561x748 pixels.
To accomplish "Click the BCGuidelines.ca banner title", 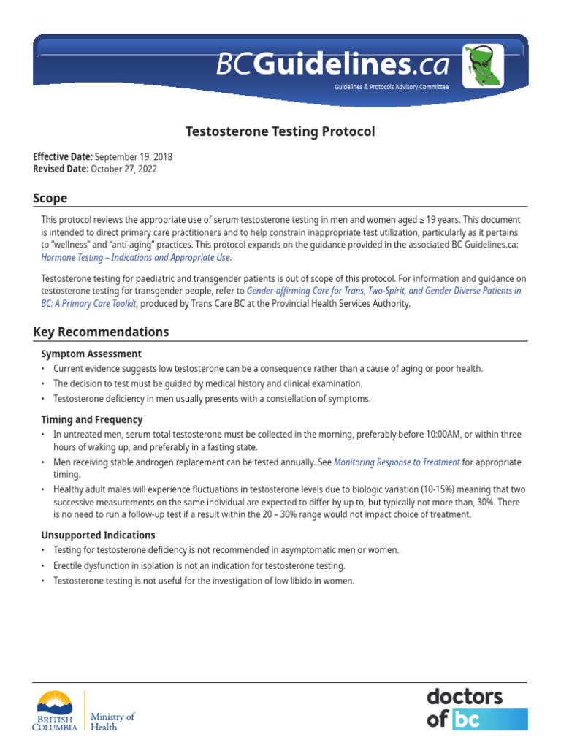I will (332, 66).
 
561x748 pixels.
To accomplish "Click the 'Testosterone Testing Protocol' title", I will (280, 131).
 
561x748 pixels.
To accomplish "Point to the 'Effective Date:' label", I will (63, 157).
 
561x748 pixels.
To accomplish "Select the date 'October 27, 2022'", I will (123, 169).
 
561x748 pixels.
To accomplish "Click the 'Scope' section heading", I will (50, 198).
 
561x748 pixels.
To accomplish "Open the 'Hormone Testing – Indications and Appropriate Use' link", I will (136, 257).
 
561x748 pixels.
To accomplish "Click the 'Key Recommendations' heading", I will (101, 332).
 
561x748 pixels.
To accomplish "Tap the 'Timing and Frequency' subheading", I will (92, 419).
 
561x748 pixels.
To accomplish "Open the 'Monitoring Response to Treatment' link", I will (397, 462).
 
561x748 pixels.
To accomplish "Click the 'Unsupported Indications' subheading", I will (98, 535).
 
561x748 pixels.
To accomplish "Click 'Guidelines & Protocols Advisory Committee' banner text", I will (392, 86).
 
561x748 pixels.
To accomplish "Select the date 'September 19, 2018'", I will (134, 157).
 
